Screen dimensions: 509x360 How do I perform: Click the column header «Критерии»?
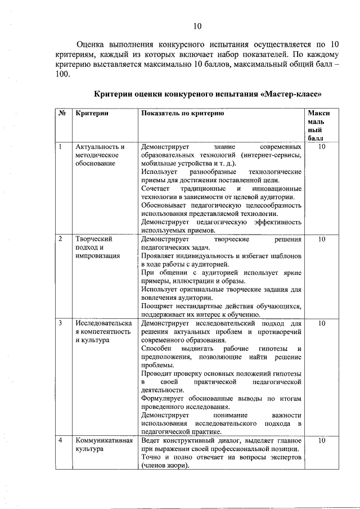[92, 114]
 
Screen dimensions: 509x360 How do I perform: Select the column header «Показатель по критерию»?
[183, 114]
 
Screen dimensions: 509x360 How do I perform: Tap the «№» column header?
[62, 114]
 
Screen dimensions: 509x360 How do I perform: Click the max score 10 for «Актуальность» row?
[322, 147]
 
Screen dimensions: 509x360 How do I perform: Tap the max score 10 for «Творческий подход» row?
[322, 239]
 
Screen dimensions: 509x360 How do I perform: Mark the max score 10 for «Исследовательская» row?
[322, 324]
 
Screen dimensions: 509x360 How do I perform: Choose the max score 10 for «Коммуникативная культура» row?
[322, 440]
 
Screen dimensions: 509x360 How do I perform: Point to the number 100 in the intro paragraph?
[62, 75]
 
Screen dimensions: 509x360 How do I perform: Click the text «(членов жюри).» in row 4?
[165, 466]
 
